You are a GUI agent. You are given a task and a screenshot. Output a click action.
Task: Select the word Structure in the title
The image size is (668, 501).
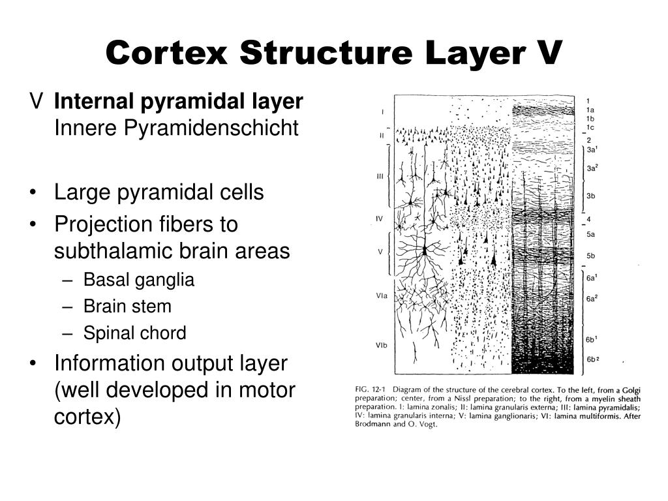(x=312, y=52)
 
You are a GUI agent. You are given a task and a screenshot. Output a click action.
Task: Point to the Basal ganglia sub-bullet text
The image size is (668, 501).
(x=139, y=280)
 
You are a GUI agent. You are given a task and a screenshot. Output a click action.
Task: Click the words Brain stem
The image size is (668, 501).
(x=127, y=307)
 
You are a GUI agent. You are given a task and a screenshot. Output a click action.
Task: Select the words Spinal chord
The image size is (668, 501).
(x=134, y=333)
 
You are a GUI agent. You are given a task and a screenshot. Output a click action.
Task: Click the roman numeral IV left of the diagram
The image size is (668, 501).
(x=379, y=219)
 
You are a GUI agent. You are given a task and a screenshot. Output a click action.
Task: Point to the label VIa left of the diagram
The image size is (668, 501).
(x=382, y=296)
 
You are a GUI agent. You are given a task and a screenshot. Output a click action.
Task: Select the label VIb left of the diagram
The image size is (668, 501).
(x=382, y=345)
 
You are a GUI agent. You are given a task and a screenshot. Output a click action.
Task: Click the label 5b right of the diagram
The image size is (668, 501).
(x=590, y=256)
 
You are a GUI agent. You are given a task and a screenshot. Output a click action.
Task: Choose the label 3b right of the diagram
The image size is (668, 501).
(x=590, y=195)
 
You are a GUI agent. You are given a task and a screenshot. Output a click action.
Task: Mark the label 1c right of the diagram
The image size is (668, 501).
(x=590, y=128)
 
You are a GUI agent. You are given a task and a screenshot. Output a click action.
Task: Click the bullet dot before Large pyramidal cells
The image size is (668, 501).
(x=34, y=194)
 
